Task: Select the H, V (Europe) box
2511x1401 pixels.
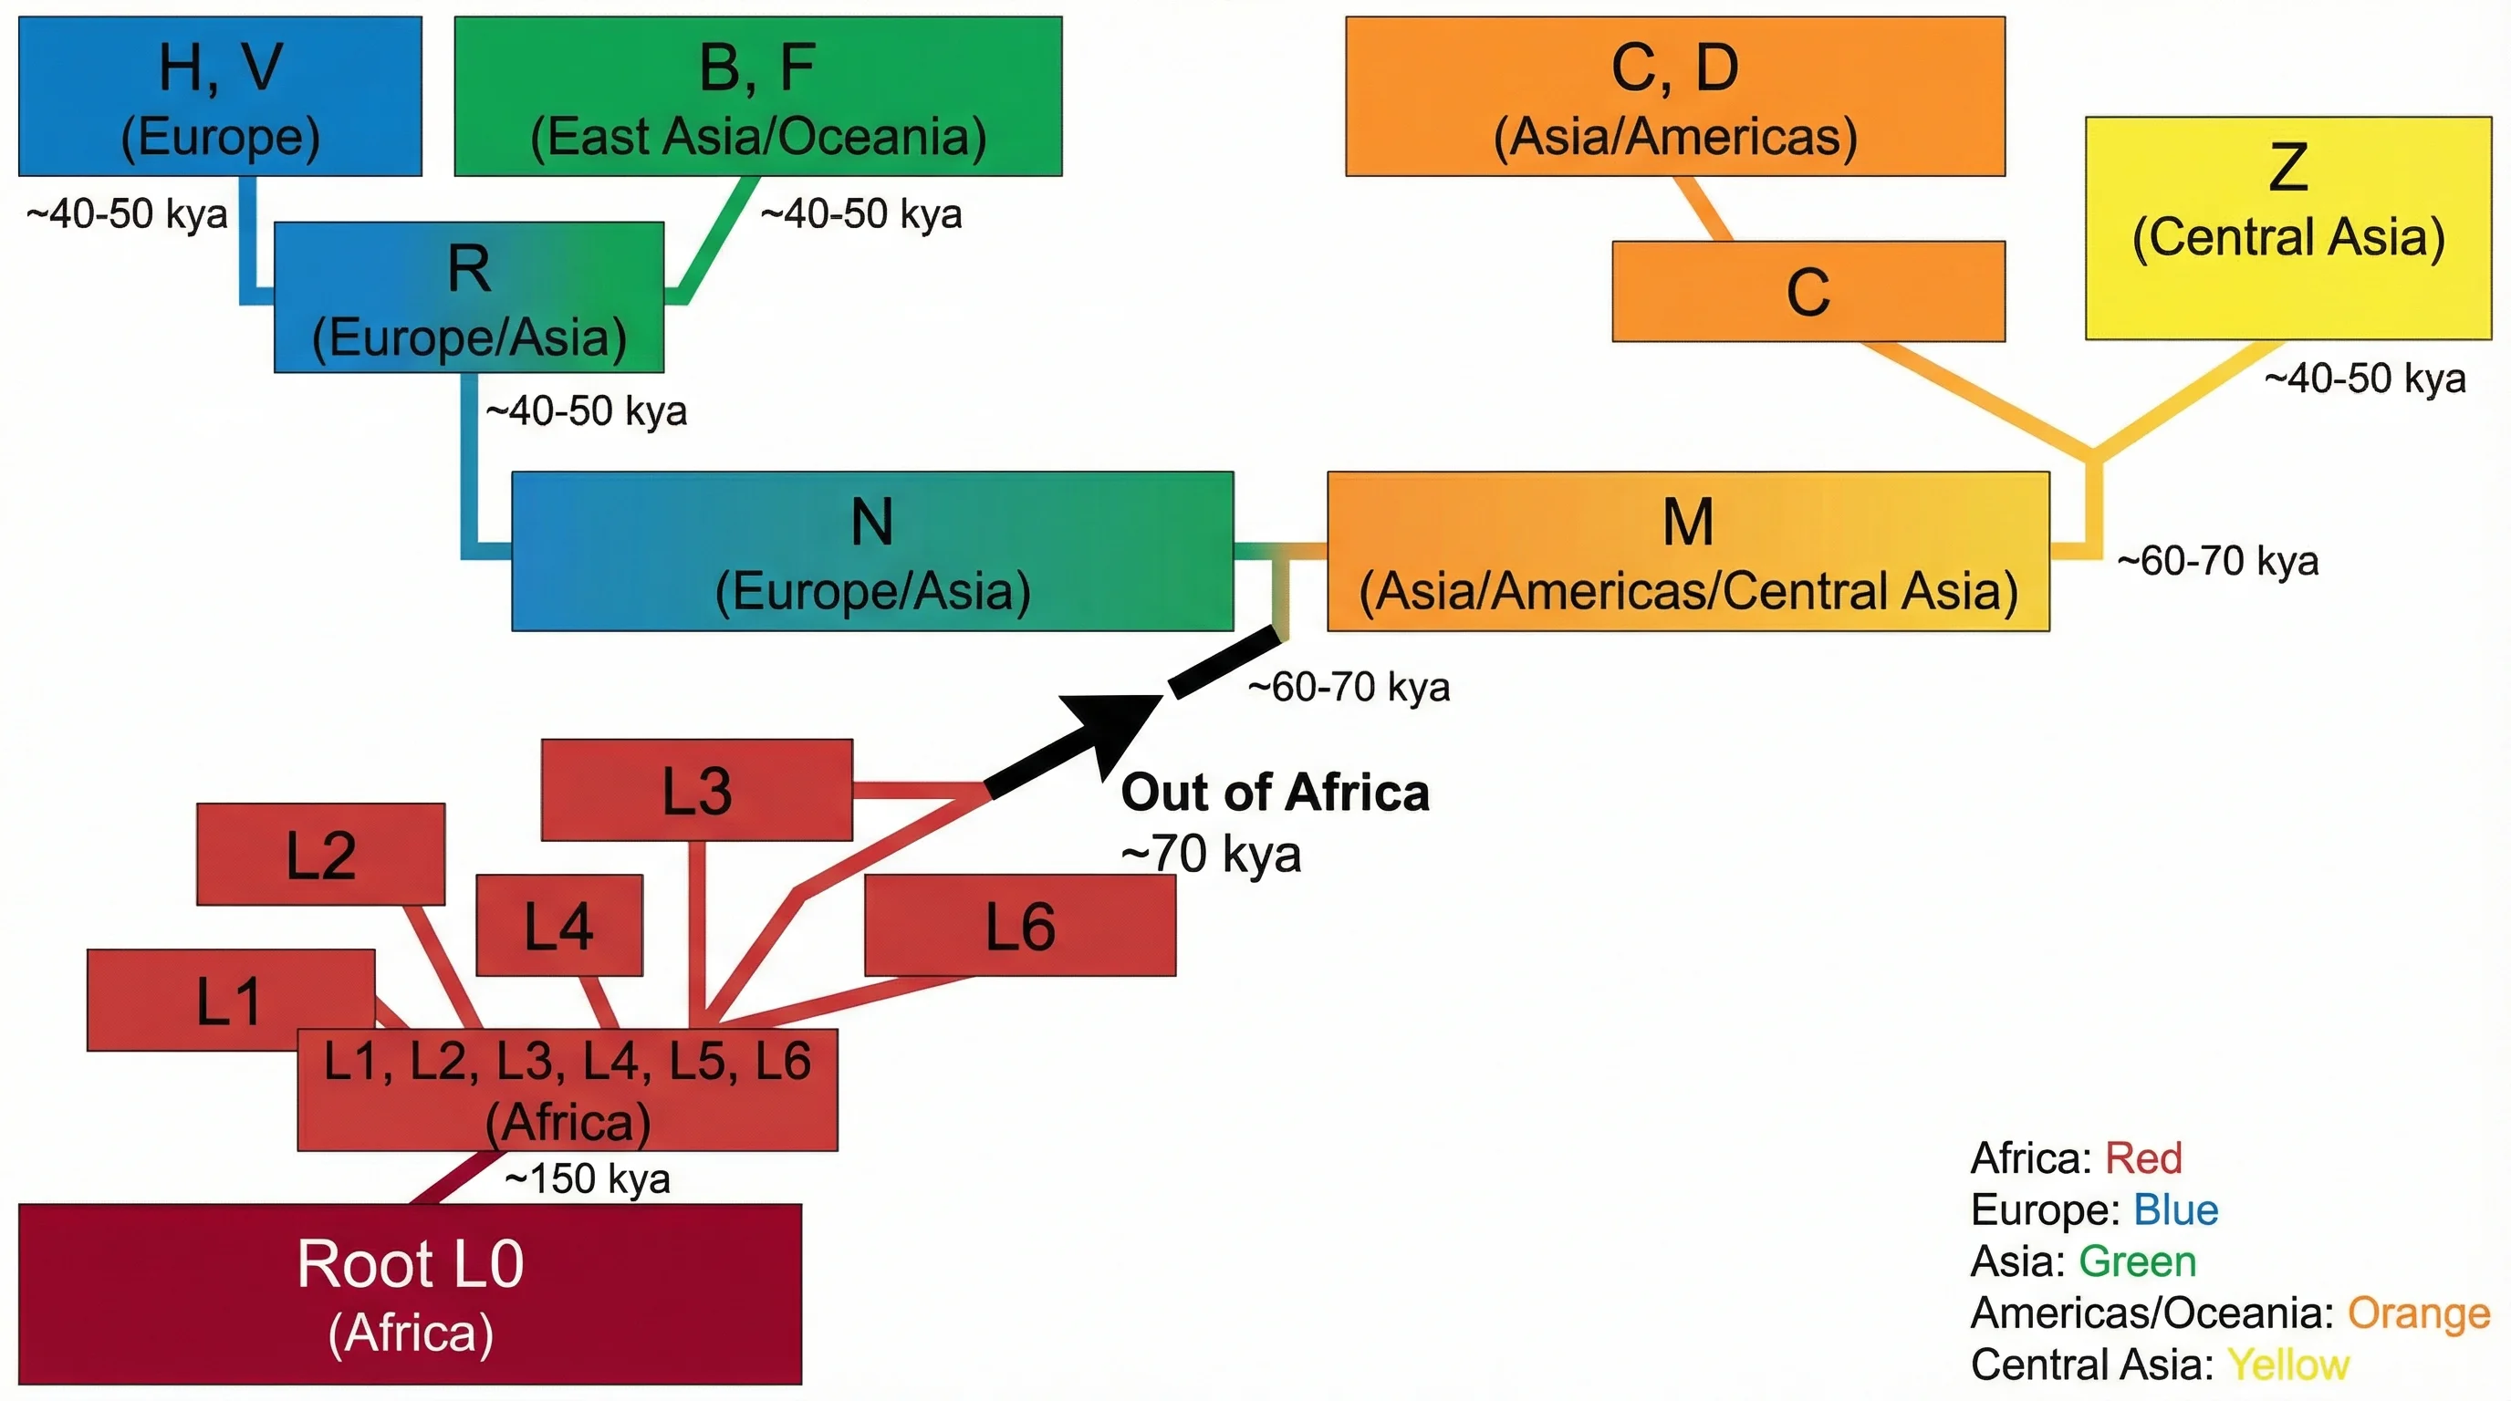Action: pyautogui.click(x=220, y=97)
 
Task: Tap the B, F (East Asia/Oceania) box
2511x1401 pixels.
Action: pyautogui.click(x=757, y=97)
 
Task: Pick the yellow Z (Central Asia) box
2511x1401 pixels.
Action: pyautogui.click(x=2287, y=228)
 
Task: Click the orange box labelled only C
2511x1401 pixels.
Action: pyautogui.click(x=1808, y=291)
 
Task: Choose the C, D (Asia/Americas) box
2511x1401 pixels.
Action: pyautogui.click(x=1674, y=97)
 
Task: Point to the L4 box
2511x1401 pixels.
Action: pyautogui.click(x=558, y=925)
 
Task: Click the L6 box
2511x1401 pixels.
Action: pyautogui.click(x=1019, y=925)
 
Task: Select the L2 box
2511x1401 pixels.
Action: pyautogui.click(x=320, y=855)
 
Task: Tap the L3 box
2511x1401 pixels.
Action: pyautogui.click(x=696, y=790)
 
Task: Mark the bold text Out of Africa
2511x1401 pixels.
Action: pyautogui.click(x=1275, y=792)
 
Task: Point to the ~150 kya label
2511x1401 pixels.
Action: pyautogui.click(x=588, y=1178)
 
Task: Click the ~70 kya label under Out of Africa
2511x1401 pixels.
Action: pyautogui.click(x=1211, y=855)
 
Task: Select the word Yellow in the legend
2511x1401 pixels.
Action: pyautogui.click(x=2287, y=1365)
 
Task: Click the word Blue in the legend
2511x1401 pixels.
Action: pyautogui.click(x=2175, y=1210)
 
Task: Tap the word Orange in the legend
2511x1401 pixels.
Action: pyautogui.click(x=2419, y=1313)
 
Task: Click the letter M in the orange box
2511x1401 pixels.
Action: pyautogui.click(x=1687, y=523)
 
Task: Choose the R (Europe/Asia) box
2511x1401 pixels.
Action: pyautogui.click(x=469, y=297)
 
